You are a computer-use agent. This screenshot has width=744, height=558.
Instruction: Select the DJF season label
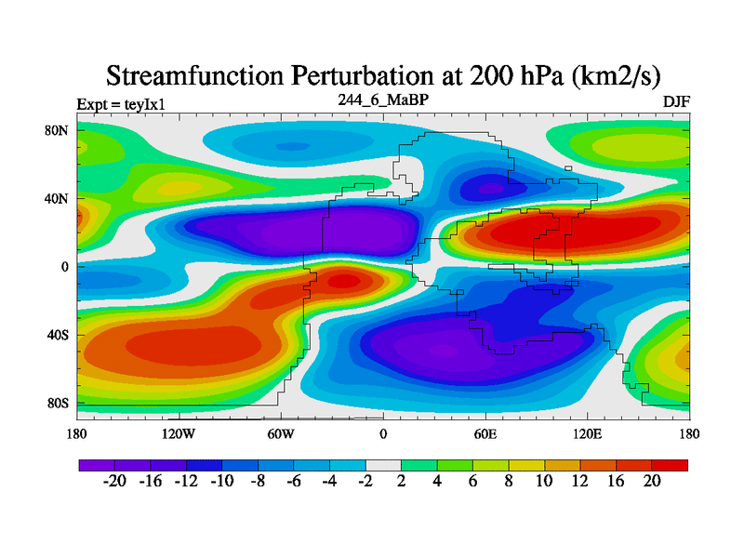tap(676, 101)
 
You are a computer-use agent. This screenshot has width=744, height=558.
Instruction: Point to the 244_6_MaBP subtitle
tap(382, 100)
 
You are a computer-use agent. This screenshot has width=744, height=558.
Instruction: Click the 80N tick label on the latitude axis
tap(58, 130)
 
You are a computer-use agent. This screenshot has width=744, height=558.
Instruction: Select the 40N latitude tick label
tap(58, 198)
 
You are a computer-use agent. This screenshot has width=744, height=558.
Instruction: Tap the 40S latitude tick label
tap(58, 335)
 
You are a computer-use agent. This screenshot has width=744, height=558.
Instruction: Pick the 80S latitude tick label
tap(58, 404)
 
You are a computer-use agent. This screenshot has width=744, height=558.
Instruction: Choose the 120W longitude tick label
tap(179, 433)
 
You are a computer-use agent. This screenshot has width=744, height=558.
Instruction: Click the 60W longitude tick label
tap(281, 433)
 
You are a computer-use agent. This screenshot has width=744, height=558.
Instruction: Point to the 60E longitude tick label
tap(485, 433)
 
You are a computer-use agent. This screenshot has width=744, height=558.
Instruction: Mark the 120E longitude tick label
tap(588, 433)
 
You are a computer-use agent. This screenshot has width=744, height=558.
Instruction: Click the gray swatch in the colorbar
tap(383, 464)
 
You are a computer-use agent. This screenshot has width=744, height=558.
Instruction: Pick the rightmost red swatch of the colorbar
tap(670, 464)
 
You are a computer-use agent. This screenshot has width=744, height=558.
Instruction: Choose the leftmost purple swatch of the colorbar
tap(97, 464)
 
